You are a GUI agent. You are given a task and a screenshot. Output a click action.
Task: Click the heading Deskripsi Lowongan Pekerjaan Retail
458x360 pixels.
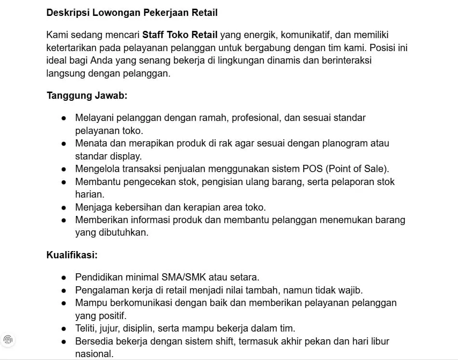pyautogui.click(x=132, y=13)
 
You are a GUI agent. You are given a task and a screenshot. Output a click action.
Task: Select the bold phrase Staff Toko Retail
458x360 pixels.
pyautogui.click(x=180, y=35)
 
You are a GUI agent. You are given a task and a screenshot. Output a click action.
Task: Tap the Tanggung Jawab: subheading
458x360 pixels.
pyautogui.click(x=87, y=95)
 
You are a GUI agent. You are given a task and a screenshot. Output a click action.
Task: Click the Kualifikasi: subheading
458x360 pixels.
pyautogui.click(x=72, y=254)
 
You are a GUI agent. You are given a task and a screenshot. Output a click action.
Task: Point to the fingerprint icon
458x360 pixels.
pyautogui.click(x=8, y=339)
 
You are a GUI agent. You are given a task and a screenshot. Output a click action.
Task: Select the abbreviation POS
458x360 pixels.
pyautogui.click(x=312, y=169)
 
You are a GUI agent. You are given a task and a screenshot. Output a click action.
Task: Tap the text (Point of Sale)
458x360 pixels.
pyautogui.click(x=357, y=169)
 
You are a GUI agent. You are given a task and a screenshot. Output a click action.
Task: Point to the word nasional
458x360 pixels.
pyautogui.click(x=94, y=354)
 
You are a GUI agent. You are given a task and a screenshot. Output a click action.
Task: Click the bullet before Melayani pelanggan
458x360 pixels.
pyautogui.click(x=64, y=118)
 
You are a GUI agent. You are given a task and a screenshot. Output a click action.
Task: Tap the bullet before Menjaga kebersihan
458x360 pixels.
pyautogui.click(x=64, y=208)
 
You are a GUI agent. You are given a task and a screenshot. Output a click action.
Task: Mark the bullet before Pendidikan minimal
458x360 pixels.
pyautogui.click(x=64, y=278)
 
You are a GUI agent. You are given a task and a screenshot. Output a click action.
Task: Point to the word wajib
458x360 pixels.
pyautogui.click(x=351, y=290)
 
